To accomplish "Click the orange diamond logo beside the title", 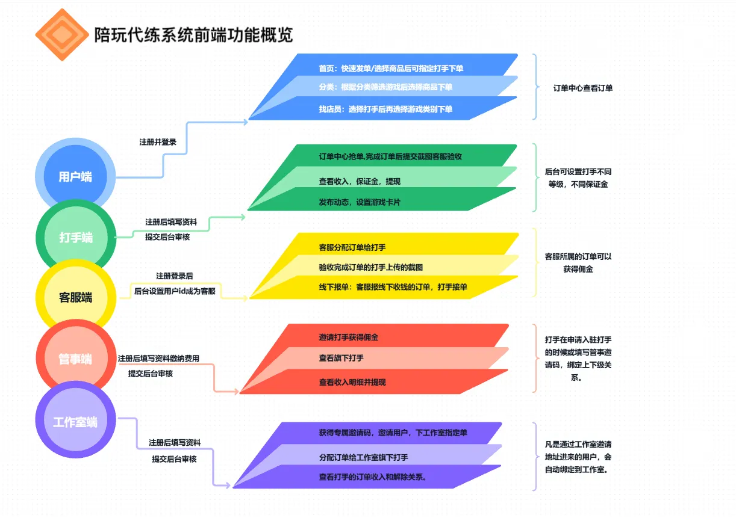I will [60, 35].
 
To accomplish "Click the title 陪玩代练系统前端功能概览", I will [193, 35].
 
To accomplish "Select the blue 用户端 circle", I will [75, 177].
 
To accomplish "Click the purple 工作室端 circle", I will [75, 422].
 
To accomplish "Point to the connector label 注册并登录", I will [158, 143].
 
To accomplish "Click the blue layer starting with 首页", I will [391, 69].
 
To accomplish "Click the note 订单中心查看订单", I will [583, 88].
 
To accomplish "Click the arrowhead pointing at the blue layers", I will [245, 122].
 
